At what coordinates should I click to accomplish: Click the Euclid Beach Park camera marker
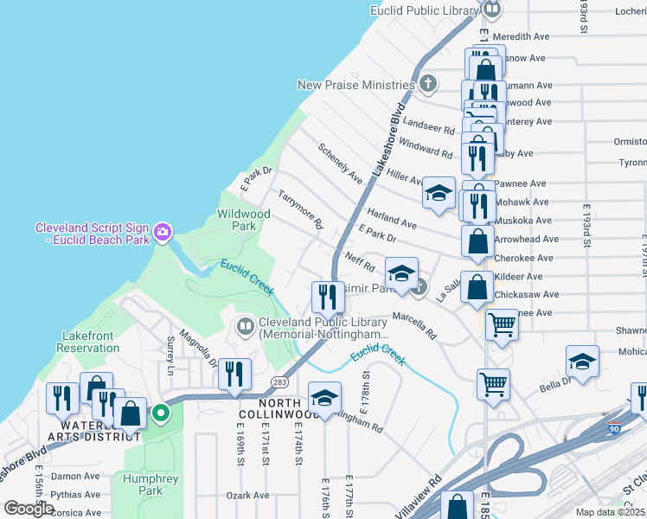(163, 232)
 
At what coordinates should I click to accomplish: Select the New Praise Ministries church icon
(428, 85)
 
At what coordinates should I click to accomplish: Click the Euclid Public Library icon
(492, 10)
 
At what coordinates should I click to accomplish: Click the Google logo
(29, 509)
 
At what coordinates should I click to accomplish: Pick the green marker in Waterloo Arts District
(160, 413)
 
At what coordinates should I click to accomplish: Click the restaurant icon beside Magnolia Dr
(234, 374)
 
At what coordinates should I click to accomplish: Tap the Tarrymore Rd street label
(300, 210)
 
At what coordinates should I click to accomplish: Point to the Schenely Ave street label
(340, 163)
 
